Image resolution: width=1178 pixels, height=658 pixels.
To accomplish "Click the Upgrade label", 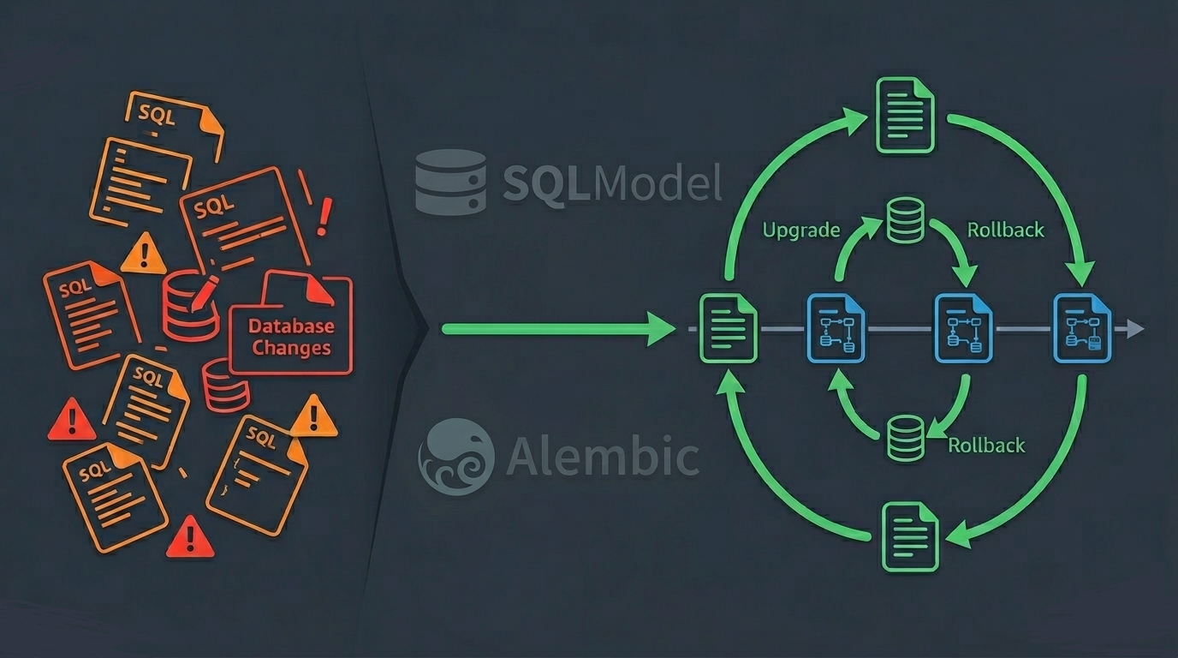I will (x=801, y=230).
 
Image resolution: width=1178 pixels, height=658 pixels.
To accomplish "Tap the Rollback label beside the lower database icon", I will (x=986, y=446).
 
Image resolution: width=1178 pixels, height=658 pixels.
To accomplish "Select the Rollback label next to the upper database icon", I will (x=1005, y=230).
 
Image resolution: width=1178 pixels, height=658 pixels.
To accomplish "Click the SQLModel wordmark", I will (x=611, y=182).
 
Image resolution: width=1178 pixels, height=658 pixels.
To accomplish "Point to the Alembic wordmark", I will (x=602, y=457).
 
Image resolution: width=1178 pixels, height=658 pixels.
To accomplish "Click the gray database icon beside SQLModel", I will (x=450, y=182).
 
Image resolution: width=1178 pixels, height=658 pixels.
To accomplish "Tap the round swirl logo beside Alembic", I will (x=456, y=457).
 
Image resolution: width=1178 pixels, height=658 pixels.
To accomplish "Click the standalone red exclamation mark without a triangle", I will (x=323, y=217).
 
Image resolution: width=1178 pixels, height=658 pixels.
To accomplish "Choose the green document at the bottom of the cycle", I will (x=910, y=537).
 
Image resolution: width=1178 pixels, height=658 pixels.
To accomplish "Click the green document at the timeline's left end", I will (x=728, y=328).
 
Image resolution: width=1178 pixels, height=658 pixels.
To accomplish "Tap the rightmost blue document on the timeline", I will (x=1082, y=328).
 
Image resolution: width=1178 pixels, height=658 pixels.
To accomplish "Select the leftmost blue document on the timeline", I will (x=836, y=328).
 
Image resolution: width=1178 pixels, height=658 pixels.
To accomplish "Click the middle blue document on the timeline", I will (x=963, y=328).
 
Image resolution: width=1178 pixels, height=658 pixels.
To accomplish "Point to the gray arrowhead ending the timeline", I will (x=1134, y=328).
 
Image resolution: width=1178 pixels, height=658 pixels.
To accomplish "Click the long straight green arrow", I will (x=556, y=328).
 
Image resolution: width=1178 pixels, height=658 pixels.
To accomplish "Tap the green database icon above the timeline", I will (x=906, y=219).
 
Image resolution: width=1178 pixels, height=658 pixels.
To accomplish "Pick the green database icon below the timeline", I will (x=906, y=437).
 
